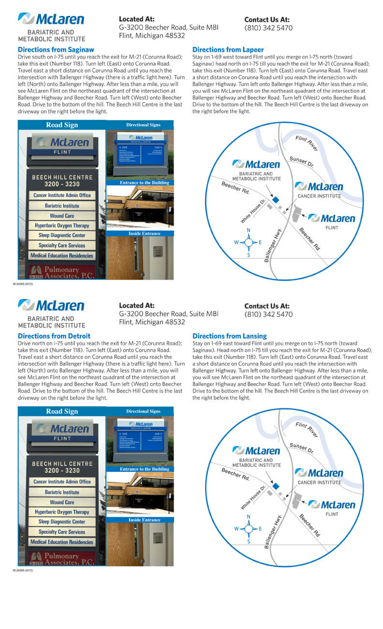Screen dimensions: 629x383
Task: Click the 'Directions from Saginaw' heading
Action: tap(56, 49)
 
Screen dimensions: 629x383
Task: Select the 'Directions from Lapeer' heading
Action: tap(228, 49)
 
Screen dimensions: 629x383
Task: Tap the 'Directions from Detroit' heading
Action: tap(54, 336)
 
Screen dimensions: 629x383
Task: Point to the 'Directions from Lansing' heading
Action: tap(229, 336)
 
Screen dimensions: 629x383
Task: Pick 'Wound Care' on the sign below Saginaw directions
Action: tap(62, 216)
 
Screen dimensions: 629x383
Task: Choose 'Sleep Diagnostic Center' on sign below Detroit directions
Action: tap(62, 522)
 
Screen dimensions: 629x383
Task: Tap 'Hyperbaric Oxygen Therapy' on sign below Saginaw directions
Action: tap(62, 225)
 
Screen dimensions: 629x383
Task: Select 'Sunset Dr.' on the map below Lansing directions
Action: tap(301, 449)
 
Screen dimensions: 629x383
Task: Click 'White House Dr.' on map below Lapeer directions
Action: tap(253, 211)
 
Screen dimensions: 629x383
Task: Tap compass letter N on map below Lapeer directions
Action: tap(249, 230)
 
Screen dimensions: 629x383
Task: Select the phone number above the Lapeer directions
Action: tap(268, 28)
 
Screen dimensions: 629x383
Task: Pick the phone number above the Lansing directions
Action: tap(268, 314)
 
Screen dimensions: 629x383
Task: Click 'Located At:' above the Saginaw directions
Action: tap(136, 19)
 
